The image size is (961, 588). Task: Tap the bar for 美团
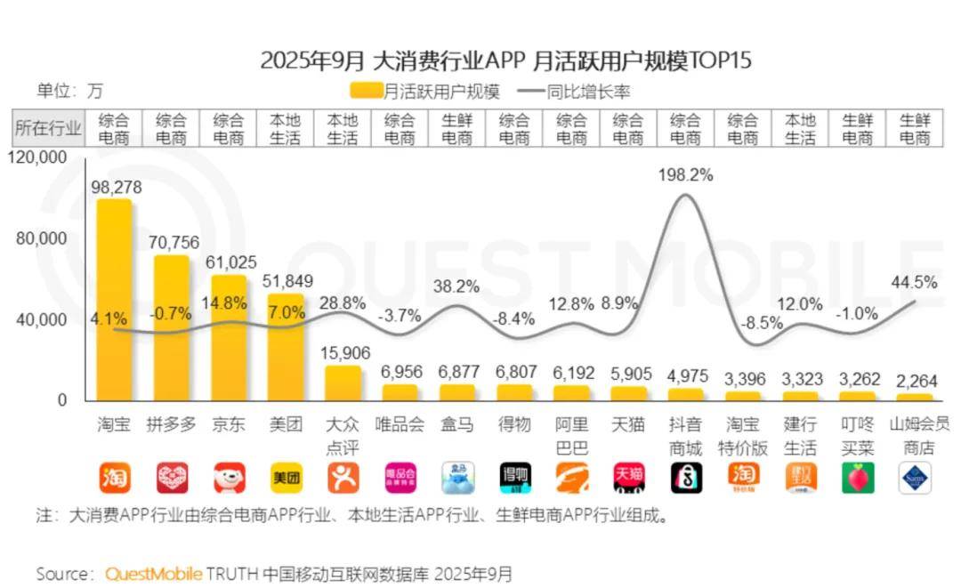click(x=286, y=347)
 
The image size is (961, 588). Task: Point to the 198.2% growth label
click(x=686, y=175)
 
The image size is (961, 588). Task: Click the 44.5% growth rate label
click(x=914, y=282)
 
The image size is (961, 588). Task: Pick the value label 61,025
click(x=230, y=263)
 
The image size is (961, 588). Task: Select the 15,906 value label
click(x=343, y=354)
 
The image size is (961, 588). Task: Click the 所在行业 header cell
click(x=47, y=129)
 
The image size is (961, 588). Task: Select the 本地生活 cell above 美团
click(x=286, y=129)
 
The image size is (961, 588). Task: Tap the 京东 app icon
click(x=230, y=478)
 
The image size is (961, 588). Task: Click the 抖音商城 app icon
click(x=686, y=478)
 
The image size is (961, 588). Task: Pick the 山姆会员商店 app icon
click(x=914, y=478)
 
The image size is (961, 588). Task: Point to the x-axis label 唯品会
click(x=400, y=425)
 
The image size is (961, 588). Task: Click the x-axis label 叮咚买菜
click(x=857, y=436)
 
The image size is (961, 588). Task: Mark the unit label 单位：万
click(x=69, y=90)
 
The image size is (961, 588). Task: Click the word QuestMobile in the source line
click(x=153, y=573)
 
